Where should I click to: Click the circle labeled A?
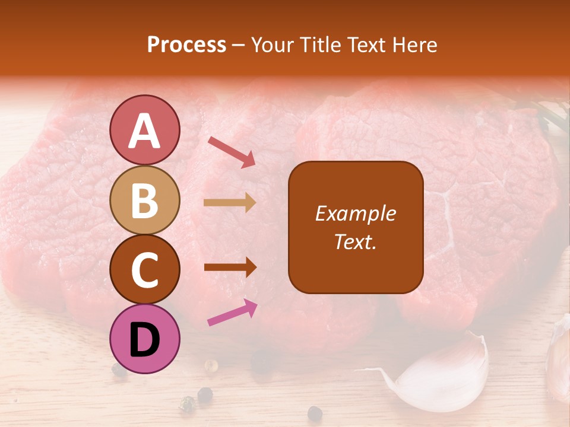pyautogui.click(x=144, y=130)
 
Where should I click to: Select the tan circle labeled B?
pyautogui.click(x=144, y=200)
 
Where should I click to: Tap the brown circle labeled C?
pyautogui.click(x=144, y=269)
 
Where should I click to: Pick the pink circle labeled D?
pyautogui.click(x=144, y=339)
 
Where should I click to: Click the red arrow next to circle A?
pyautogui.click(x=232, y=151)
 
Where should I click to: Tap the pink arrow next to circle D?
pyautogui.click(x=232, y=313)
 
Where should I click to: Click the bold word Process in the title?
pyautogui.click(x=186, y=44)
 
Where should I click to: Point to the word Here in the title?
pyautogui.click(x=418, y=44)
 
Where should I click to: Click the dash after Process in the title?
pyautogui.click(x=239, y=46)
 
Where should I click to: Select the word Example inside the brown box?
pyautogui.click(x=355, y=214)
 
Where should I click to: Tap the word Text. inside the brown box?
pyautogui.click(x=355, y=241)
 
